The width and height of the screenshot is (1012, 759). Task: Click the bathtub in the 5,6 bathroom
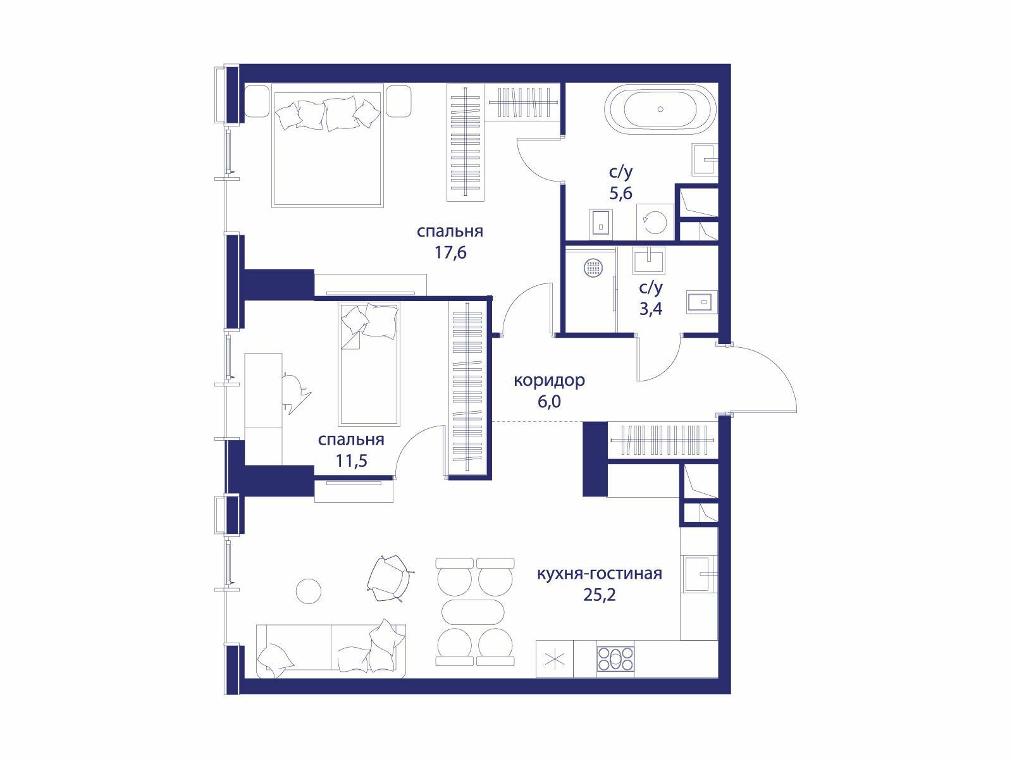660,109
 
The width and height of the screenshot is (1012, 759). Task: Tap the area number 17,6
450,252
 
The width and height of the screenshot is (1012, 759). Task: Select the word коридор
549,381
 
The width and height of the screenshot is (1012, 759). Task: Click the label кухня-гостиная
600,574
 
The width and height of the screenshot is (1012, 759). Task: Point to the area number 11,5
351,460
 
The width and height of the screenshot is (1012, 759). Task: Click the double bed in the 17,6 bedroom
328,145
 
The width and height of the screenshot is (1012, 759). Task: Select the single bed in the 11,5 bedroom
369,364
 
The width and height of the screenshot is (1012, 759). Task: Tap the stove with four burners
615,659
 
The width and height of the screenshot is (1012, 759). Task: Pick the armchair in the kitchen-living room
390,578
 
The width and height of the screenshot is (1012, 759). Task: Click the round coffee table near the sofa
309,591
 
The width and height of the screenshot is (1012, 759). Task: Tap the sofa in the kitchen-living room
331,651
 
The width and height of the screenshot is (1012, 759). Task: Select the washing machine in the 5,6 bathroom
655,222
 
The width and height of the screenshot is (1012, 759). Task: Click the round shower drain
593,268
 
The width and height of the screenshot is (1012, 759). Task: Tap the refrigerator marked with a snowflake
554,659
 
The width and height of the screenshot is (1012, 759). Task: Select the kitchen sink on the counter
698,574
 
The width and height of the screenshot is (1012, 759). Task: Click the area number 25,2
600,595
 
